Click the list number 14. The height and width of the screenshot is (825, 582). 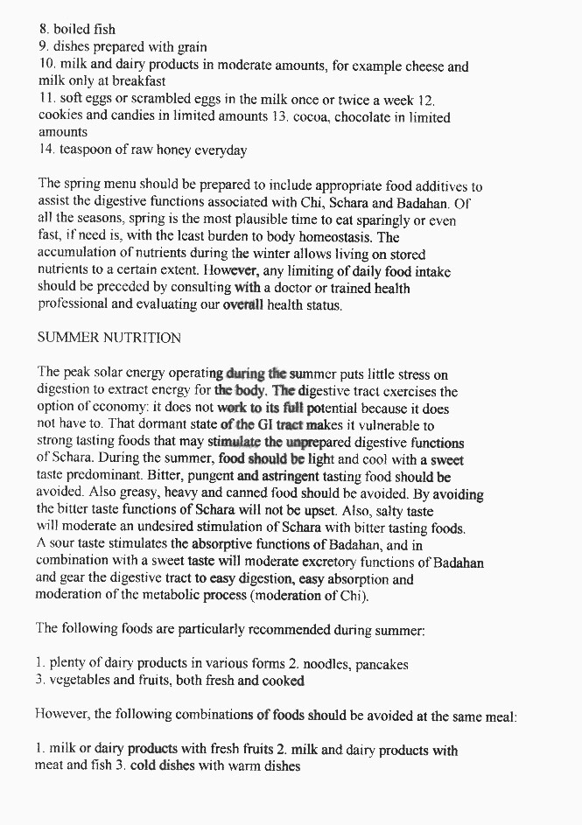tap(46, 150)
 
